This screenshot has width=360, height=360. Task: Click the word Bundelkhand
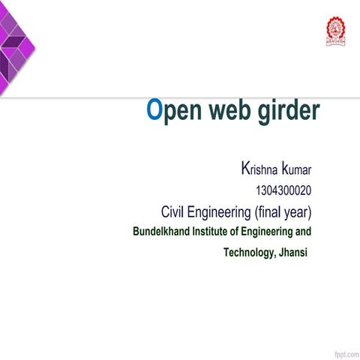(x=161, y=231)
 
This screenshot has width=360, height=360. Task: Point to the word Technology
(x=248, y=253)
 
